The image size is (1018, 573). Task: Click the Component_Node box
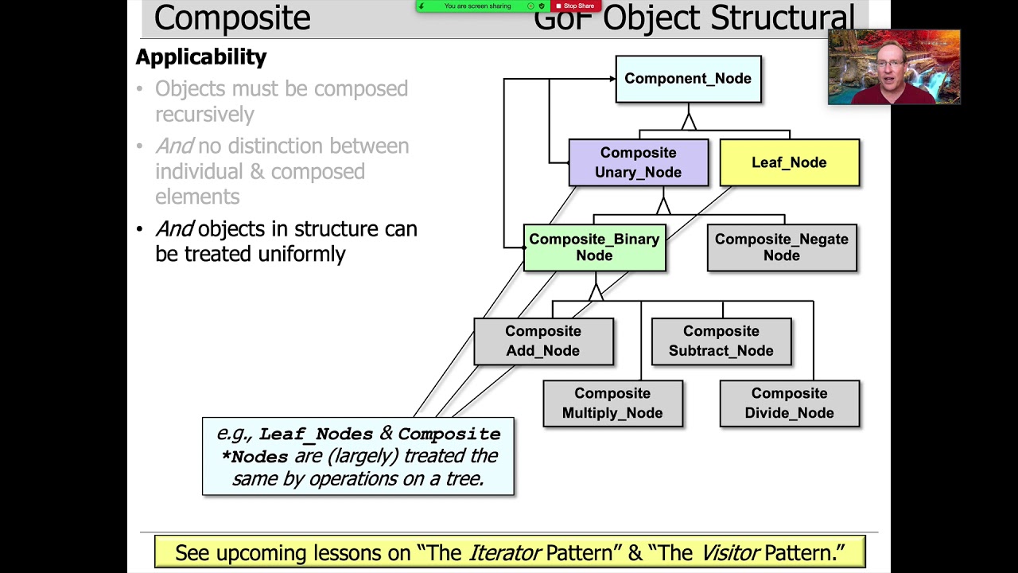(x=688, y=79)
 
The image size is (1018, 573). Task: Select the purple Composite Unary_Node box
(x=638, y=162)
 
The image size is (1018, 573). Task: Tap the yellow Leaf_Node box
(x=789, y=162)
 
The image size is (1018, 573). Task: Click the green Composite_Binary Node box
(x=594, y=248)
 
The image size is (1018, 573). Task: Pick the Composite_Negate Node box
(x=781, y=248)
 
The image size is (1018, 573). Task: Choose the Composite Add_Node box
(x=543, y=341)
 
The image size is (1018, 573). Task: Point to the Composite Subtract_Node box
(x=721, y=341)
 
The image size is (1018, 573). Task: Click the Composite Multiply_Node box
(x=612, y=403)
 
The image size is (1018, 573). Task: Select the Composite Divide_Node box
(x=789, y=403)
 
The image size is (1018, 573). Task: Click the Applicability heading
(x=201, y=57)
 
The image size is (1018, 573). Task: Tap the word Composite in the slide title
(x=232, y=18)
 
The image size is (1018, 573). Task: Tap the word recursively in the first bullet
(x=204, y=115)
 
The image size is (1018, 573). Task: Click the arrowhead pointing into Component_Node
(x=612, y=79)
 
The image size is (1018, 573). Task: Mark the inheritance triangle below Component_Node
(x=689, y=122)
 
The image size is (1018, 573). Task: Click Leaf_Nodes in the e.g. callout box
(x=316, y=435)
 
